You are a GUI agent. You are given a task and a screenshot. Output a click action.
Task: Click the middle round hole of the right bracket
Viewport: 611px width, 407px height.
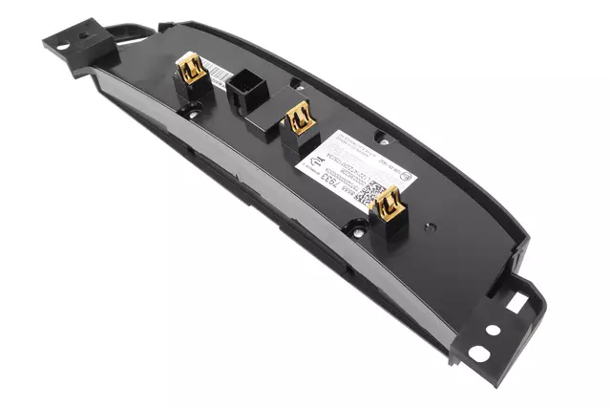tap(493, 330)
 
